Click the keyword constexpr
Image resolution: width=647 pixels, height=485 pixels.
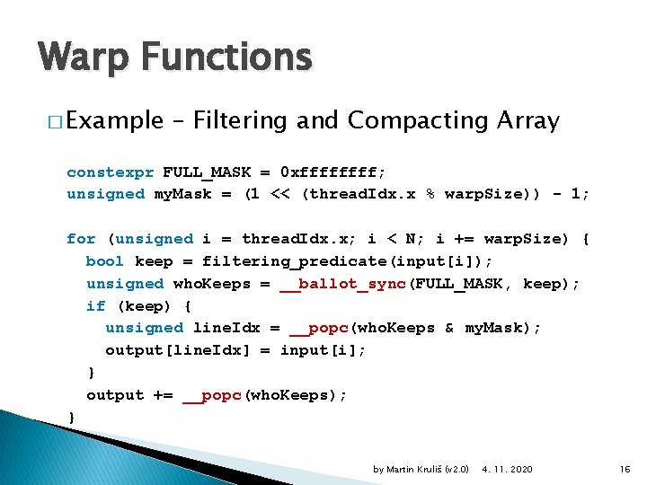(110, 172)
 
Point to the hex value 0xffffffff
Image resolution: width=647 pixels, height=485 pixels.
(332, 172)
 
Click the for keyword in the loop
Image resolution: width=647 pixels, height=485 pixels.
(81, 239)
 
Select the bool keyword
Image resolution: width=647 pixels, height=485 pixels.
(105, 261)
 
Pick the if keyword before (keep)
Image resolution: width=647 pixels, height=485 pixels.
(95, 306)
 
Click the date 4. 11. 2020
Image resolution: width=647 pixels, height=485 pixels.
(507, 469)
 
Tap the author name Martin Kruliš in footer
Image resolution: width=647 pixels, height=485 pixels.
(412, 469)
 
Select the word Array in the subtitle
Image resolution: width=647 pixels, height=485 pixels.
(529, 120)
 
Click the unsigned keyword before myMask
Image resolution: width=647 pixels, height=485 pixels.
(105, 194)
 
